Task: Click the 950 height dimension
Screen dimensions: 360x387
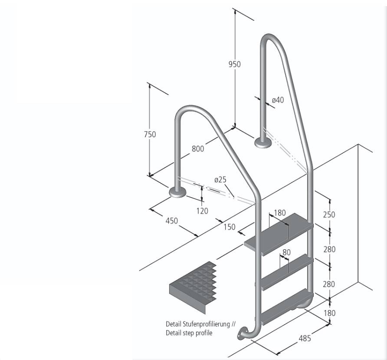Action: [234, 64]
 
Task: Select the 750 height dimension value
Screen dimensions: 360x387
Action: [150, 135]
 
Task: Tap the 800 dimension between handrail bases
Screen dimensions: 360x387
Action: [197, 149]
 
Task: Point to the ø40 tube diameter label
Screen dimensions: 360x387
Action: [278, 100]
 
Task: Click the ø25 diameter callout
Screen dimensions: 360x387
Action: [220, 179]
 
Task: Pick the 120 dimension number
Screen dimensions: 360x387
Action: [202, 211]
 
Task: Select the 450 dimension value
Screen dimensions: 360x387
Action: [172, 221]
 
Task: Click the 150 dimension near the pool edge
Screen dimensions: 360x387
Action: [230, 227]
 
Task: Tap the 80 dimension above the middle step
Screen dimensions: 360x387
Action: [286, 251]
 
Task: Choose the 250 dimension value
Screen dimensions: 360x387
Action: [329, 215]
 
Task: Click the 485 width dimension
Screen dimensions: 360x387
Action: [305, 338]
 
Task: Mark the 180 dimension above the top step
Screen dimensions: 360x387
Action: [280, 213]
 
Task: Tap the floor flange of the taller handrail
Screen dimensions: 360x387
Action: [262, 142]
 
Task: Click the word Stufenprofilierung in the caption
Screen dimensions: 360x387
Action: [208, 324]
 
